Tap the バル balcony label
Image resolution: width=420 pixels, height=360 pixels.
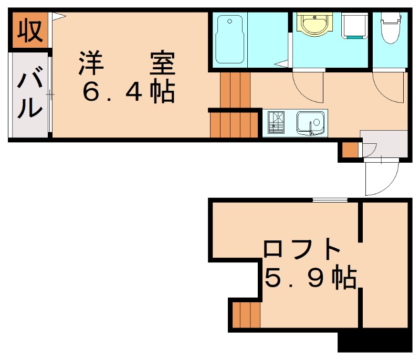tap(30, 96)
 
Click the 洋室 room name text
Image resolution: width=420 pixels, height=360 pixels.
tap(127, 64)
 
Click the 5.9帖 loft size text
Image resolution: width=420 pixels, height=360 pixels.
tap(310, 278)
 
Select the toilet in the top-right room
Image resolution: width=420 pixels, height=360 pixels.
tap(390, 29)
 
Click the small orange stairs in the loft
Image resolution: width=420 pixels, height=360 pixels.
tap(246, 315)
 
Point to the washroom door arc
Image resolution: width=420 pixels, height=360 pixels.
tap(308, 87)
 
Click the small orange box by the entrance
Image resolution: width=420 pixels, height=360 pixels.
tap(350, 150)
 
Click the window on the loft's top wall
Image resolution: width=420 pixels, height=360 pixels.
tap(330, 199)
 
